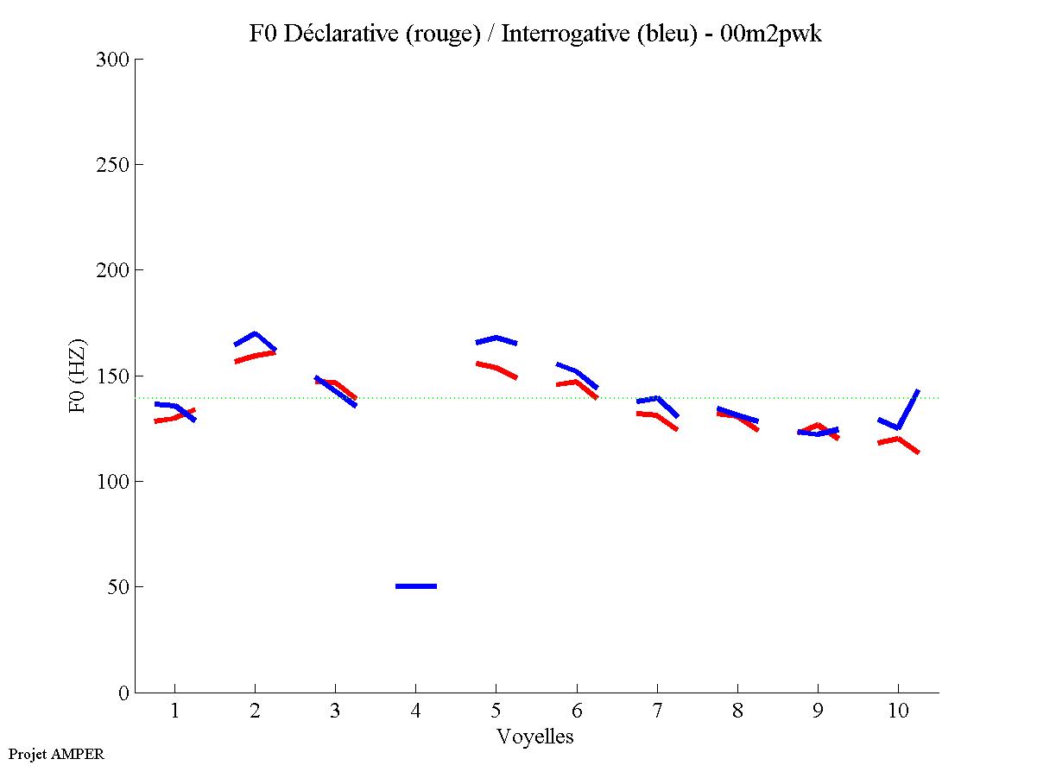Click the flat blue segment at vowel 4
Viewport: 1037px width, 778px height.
coord(416,586)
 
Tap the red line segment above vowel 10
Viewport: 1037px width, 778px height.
coord(898,440)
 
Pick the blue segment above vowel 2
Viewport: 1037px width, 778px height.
coord(255,334)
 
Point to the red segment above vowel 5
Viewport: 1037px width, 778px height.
coord(496,368)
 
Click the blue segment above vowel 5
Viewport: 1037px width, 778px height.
coord(496,338)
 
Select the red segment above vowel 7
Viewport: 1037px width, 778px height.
coord(656,416)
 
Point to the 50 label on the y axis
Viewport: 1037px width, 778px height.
coord(118,587)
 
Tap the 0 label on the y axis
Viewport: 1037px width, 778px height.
coord(123,693)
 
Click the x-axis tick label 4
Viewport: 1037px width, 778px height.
coord(416,712)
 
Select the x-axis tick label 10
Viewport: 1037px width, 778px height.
coord(898,712)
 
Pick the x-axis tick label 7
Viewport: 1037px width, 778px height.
coord(657,712)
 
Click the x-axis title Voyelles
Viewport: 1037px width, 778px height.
coord(535,737)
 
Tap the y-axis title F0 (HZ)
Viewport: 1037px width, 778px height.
coord(78,376)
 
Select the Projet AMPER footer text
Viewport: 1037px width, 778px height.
coord(56,754)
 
